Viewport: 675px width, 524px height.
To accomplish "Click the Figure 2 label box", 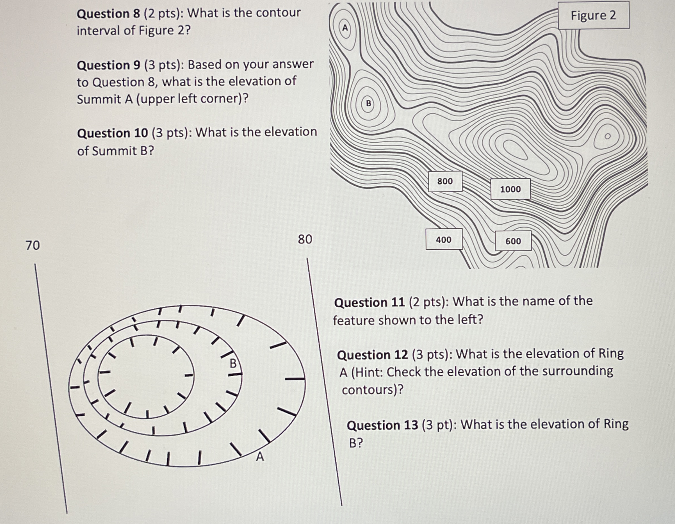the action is [593, 15].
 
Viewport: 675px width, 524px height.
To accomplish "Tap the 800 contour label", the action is [445, 181].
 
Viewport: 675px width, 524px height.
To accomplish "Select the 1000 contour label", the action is [510, 189].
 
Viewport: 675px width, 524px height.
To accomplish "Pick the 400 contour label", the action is [444, 240].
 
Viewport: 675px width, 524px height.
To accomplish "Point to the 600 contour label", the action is [513, 241].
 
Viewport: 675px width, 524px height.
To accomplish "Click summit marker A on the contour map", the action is [345, 28].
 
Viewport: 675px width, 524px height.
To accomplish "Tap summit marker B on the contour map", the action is [368, 103].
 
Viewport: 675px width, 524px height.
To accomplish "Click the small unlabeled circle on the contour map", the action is [608, 136].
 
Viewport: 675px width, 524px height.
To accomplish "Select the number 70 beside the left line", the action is [33, 245].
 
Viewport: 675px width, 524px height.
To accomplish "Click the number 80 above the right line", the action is [305, 239].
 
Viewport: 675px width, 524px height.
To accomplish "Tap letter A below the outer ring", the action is [260, 457].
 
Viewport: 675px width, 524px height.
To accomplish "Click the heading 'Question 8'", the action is [108, 13].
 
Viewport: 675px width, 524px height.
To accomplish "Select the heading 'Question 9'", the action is [108, 65].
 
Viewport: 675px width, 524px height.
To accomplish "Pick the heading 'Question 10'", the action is [113, 133].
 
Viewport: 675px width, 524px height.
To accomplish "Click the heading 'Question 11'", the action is [369, 302].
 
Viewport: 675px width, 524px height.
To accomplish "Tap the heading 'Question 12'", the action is [372, 355].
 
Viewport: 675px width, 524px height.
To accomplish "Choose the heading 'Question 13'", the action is [382, 425].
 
